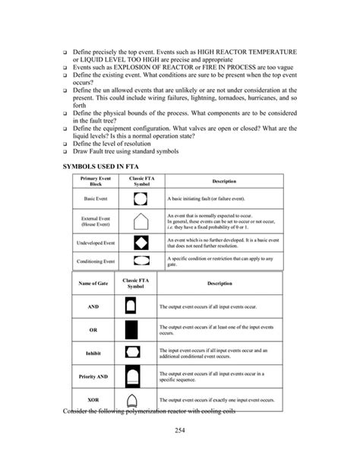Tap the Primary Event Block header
pyautogui.click(x=96, y=182)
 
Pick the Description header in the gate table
pyautogui.click(x=219, y=284)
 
